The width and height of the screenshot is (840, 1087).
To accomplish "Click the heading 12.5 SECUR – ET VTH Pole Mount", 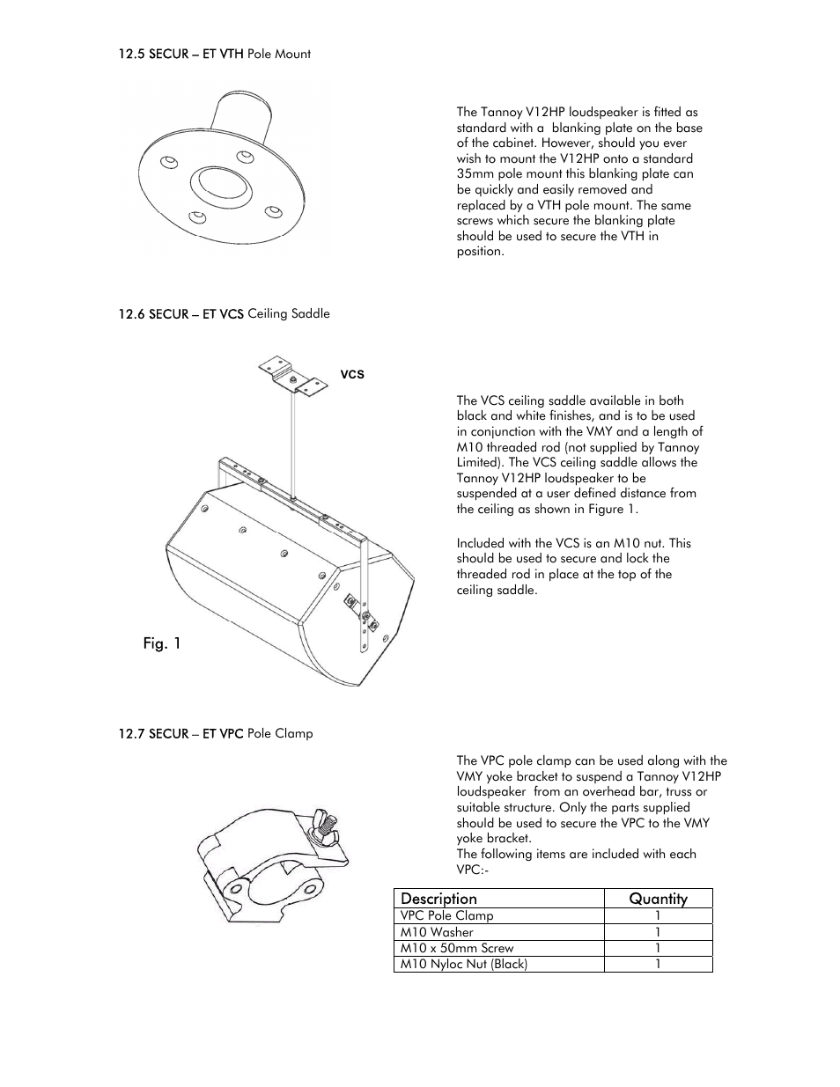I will tap(215, 54).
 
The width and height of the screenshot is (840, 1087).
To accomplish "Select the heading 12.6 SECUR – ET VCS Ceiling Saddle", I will tap(225, 313).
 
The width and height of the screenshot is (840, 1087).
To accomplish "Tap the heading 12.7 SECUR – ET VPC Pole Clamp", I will tap(216, 733).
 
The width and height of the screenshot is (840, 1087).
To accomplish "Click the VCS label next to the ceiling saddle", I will tap(352, 374).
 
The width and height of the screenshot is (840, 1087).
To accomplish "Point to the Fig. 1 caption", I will tap(162, 643).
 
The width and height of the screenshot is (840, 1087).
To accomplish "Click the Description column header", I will tap(438, 899).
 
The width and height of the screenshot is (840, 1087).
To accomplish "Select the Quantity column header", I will tap(658, 899).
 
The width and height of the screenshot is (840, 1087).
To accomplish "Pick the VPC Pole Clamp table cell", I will tap(447, 915).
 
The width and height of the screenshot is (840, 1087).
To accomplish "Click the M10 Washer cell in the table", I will tap(437, 932).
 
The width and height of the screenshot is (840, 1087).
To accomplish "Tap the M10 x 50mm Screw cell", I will tap(457, 948).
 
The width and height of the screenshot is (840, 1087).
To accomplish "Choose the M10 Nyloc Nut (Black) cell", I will tap(464, 964).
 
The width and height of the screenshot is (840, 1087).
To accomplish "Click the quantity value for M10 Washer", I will tap(658, 932).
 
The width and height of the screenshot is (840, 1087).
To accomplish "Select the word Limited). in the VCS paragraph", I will tap(480, 462).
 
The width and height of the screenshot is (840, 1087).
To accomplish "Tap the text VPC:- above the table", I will tap(473, 870).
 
